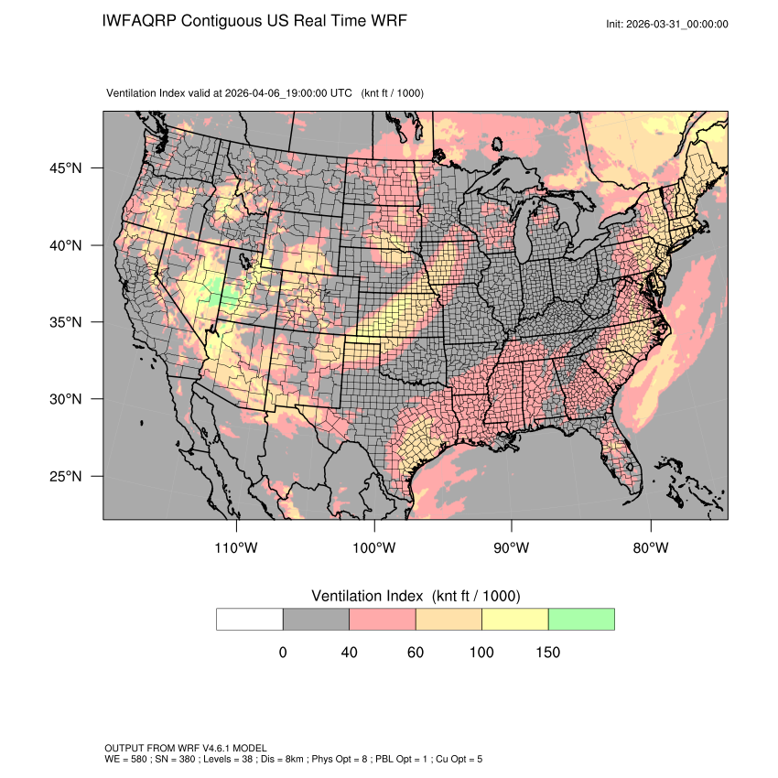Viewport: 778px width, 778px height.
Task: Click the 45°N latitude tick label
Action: click(67, 168)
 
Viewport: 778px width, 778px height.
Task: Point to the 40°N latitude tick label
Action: click(67, 245)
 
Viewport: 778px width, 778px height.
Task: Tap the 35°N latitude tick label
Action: click(67, 322)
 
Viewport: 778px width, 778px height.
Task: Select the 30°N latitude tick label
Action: click(67, 399)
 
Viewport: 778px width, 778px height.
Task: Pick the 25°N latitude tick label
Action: click(67, 476)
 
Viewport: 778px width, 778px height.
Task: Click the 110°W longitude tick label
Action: click(237, 548)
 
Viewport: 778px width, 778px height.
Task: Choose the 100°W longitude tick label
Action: click(374, 548)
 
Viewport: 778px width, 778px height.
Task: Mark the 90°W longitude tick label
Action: click(512, 548)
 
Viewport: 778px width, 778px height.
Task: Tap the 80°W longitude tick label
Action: click(650, 548)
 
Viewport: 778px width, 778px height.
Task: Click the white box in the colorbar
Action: click(250, 619)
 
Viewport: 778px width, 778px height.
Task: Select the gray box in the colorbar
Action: click(316, 619)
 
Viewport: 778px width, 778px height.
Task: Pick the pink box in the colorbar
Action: click(383, 619)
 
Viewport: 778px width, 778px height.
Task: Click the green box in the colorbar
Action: click(581, 619)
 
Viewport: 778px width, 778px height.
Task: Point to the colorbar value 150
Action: click(547, 653)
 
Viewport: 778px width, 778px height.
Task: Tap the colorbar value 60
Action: click(416, 653)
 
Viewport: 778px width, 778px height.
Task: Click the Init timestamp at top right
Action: click(667, 24)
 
